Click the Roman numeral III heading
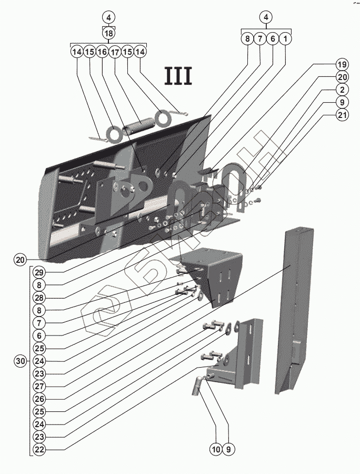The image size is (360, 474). coord(179,76)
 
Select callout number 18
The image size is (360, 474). coord(108,33)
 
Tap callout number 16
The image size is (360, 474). coord(102,52)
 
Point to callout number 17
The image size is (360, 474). coord(115,52)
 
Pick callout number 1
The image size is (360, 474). coord(285,38)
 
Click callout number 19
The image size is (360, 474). coord(343,64)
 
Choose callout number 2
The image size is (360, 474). coord(343,90)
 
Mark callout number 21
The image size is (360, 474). coord(343,115)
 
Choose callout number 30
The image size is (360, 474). coord(20,361)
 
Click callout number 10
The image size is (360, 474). coord(216,449)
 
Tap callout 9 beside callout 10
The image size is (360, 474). coord(228,449)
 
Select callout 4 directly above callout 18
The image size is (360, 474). coord(108,17)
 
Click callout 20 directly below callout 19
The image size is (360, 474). coord(343,77)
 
